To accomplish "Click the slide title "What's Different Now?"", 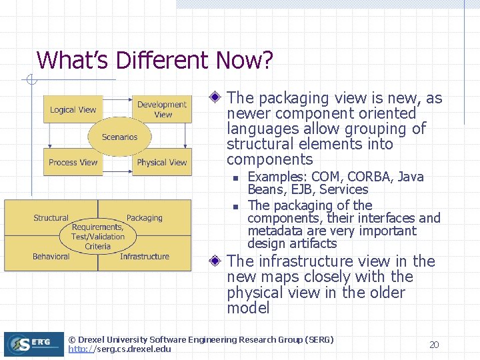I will click(155, 61).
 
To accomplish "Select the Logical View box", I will click(73, 110).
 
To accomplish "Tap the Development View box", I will click(162, 109).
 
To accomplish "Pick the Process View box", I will click(73, 162).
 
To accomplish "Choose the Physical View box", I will click(162, 162).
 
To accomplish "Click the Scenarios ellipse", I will click(119, 137).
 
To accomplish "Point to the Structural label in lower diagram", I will click(51, 218).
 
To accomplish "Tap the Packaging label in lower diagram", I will click(144, 218).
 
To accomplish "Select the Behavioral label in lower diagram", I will click(51, 257).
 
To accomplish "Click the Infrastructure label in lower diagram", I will click(145, 257).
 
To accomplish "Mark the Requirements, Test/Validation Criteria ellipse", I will click(98, 237).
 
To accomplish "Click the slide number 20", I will click(434, 345).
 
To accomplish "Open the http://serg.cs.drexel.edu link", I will click(119, 349).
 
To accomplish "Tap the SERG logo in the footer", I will click(33, 344).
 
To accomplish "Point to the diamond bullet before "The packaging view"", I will click(215, 98).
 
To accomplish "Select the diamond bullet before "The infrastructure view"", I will click(215, 261).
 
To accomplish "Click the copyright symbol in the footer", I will click(72, 340).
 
